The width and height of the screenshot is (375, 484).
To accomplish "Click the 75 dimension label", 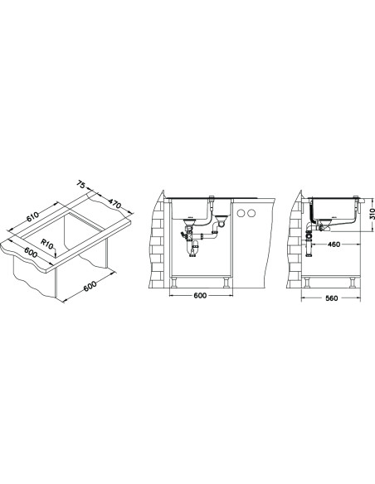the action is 80,184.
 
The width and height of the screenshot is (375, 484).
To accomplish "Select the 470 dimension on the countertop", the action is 115,203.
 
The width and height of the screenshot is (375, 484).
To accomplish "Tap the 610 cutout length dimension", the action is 32,216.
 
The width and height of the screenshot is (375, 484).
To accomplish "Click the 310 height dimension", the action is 372,214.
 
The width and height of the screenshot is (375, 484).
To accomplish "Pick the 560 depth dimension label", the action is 332,298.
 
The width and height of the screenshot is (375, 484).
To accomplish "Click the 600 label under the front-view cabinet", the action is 200,295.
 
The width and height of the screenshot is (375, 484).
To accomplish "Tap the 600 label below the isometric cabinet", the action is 90,287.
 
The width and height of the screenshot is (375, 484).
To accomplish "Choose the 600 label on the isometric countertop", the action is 31,252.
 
